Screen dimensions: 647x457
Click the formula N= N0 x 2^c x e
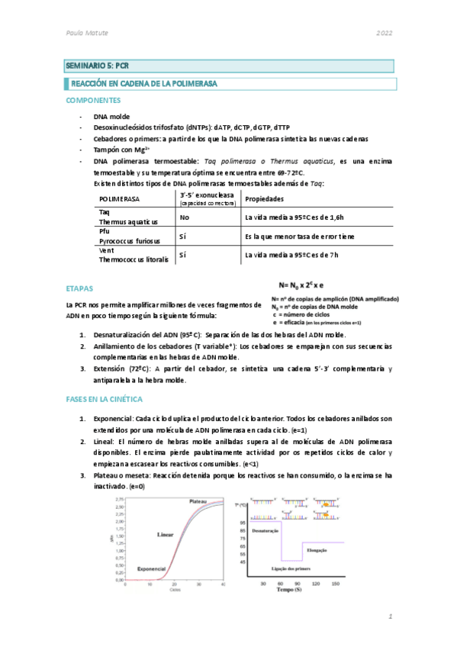pos(312,284)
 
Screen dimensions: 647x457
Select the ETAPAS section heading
pos(79,289)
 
